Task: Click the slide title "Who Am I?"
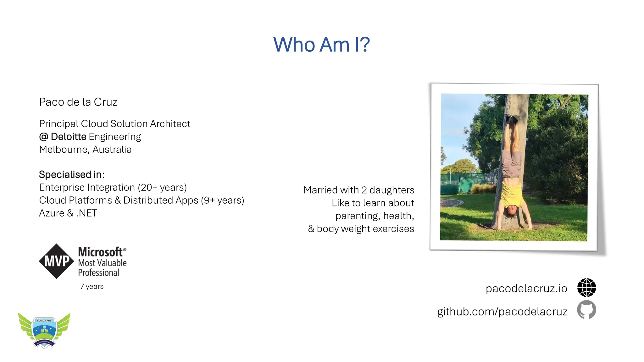[x=321, y=44]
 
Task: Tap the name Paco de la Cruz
[x=78, y=102]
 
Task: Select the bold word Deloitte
[x=69, y=137]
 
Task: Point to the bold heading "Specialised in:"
[x=71, y=174]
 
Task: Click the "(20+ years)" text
[x=162, y=188]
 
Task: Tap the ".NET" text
[x=86, y=213]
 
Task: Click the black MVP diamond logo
[x=57, y=261]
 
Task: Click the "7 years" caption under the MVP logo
[x=92, y=287]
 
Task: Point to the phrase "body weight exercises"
[x=365, y=229]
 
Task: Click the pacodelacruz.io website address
[x=526, y=288]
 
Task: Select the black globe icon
[x=586, y=288]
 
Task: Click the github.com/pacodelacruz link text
[x=502, y=311]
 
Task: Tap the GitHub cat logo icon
[x=586, y=310]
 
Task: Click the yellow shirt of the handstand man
[x=512, y=195]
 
